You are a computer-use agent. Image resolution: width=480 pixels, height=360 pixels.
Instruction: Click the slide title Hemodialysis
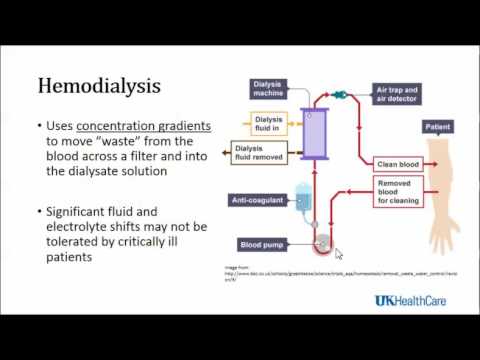point(99,86)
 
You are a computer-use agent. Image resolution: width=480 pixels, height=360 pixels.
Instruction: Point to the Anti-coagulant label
point(258,201)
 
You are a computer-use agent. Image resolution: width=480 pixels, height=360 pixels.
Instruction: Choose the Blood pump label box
point(264,244)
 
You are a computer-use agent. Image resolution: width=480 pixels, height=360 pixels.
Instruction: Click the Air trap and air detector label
point(399,93)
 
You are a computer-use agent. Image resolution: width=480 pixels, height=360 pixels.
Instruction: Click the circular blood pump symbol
point(322,243)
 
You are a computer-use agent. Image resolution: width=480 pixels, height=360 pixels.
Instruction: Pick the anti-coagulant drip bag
point(304,197)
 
